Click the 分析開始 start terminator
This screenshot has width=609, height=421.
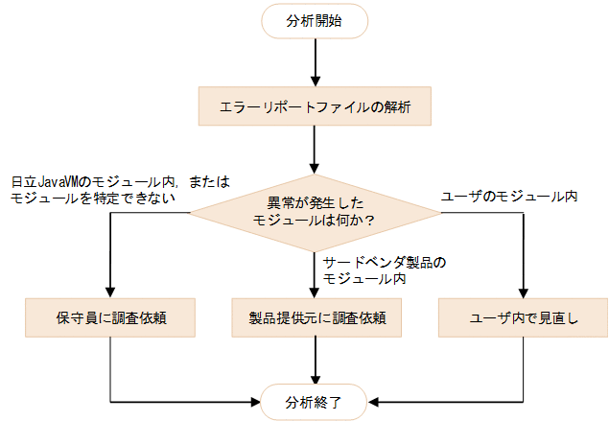315,22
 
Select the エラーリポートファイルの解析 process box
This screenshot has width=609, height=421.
315,107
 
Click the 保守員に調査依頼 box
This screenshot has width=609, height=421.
111,316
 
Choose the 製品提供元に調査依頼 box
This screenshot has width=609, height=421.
315,316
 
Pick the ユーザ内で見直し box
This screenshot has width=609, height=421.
523,316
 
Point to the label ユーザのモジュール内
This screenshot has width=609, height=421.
508,197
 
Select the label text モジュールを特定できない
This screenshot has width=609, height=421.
91,198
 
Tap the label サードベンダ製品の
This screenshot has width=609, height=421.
385,262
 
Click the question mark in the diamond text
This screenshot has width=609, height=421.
370,220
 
